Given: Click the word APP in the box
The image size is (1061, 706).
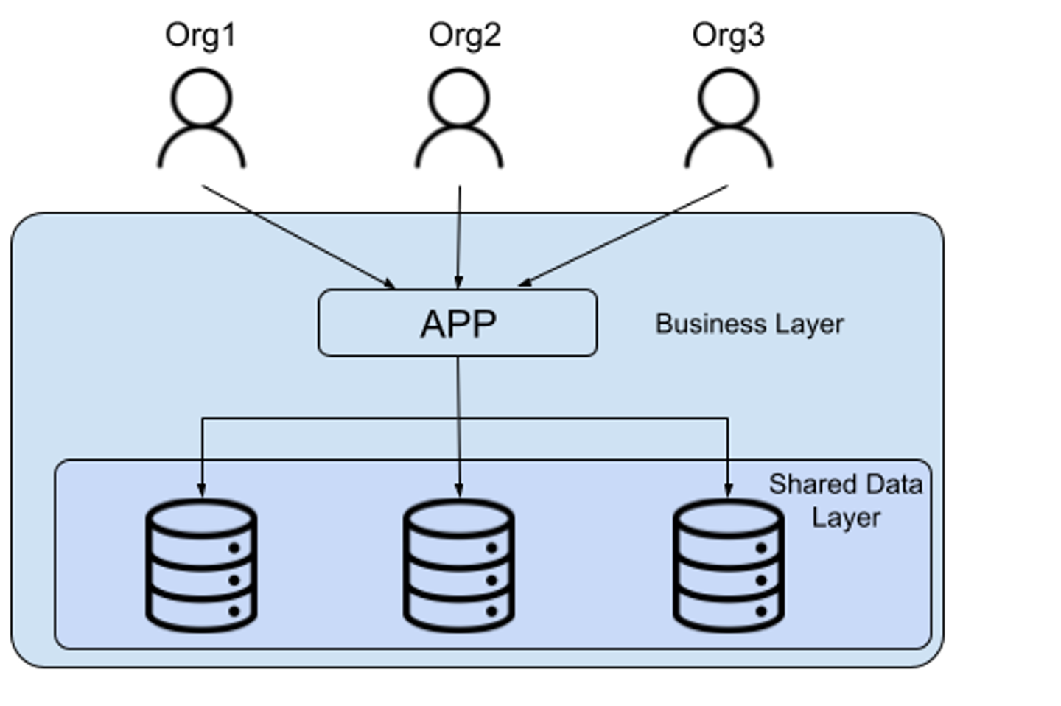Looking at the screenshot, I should point(458,324).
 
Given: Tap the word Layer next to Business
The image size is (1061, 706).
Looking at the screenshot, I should point(808,324).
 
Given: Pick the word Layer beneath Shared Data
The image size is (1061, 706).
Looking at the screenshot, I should point(846,517).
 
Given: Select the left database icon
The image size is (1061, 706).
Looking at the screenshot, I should point(201,565).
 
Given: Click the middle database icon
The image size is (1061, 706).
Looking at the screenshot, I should point(458,565).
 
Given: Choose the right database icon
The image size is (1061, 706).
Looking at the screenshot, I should point(728,565).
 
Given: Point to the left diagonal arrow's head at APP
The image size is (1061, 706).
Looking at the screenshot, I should point(390,284).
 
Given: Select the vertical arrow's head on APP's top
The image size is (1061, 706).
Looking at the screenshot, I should point(458,283).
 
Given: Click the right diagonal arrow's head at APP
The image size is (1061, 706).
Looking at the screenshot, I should point(525,282).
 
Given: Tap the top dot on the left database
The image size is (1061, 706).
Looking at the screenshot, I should point(234,548).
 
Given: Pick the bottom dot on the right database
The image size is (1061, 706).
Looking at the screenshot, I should point(761,611).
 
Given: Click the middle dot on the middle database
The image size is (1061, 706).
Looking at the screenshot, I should point(491,580).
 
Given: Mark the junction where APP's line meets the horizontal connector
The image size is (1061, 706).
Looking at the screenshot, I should point(458,419).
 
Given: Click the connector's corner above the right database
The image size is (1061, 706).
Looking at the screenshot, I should point(728,419).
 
